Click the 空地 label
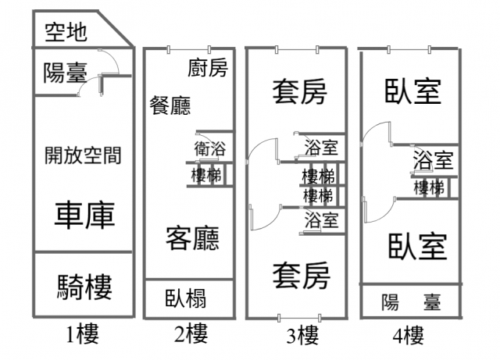tap(65, 32)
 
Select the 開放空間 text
tap(83, 155)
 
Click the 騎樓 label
tap(84, 287)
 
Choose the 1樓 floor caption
tap(83, 336)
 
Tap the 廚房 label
tap(208, 69)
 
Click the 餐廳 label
tap(170, 105)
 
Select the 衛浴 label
tap(210, 148)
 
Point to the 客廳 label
tap(191, 237)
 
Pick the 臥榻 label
tap(186, 299)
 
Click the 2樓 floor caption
tap(191, 336)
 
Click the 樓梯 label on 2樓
tap(207, 176)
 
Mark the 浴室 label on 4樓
tap(433, 162)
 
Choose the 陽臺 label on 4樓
tap(410, 301)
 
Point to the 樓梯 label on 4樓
tap(429, 187)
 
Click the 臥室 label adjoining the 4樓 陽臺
tap(418, 245)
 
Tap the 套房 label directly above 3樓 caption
tap(301, 274)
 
